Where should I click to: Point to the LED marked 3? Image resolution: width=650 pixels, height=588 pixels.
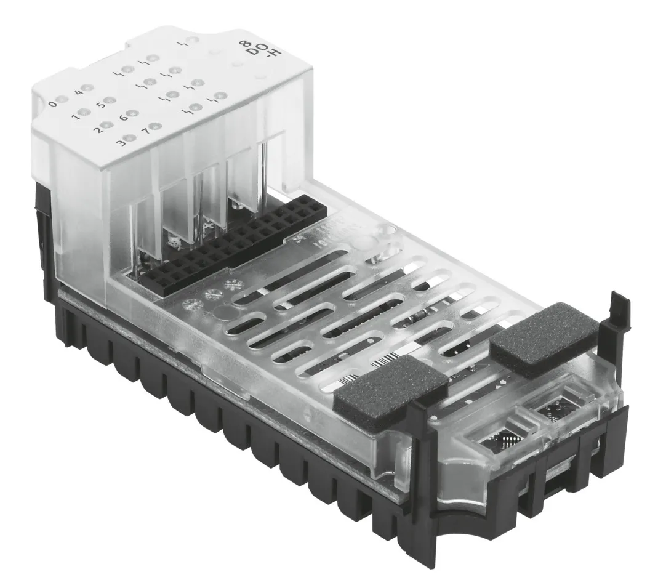(x=130, y=138)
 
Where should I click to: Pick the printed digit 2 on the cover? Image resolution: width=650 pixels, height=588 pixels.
(x=97, y=130)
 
